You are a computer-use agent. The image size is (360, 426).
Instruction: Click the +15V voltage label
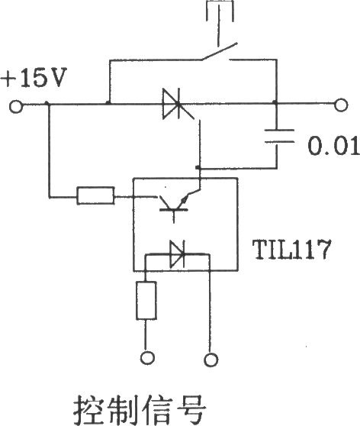click(34, 78)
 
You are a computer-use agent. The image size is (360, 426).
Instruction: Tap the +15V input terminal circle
click(16, 106)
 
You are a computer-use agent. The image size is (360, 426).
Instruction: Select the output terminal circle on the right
click(341, 105)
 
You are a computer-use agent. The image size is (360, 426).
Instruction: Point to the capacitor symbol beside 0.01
click(279, 136)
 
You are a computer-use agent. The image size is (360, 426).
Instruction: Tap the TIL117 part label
click(292, 250)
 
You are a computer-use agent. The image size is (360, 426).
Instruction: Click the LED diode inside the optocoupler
click(177, 254)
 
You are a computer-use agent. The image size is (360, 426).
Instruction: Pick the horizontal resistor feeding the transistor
click(95, 195)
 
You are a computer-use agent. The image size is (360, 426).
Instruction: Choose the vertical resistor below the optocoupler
click(146, 300)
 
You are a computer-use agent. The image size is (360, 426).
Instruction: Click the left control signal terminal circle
click(147, 357)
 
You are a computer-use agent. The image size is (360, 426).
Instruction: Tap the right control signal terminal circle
click(211, 360)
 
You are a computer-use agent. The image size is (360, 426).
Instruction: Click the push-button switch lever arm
click(220, 51)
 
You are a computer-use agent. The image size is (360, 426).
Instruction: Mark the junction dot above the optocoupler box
click(198, 168)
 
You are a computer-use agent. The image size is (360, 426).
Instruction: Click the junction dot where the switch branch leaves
click(108, 103)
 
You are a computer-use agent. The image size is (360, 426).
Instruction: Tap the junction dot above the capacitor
click(275, 103)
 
